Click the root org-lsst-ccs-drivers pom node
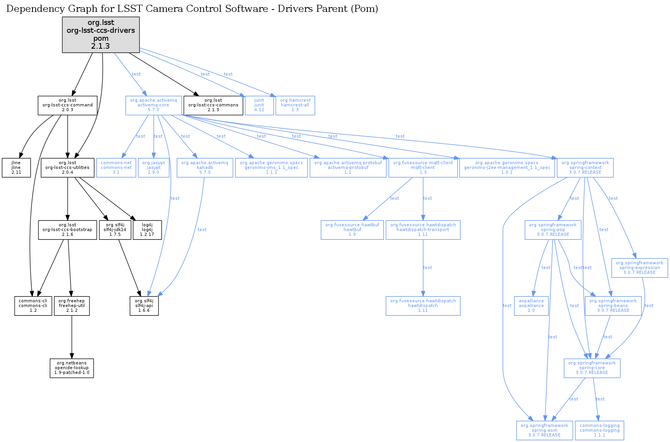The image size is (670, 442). (101, 34)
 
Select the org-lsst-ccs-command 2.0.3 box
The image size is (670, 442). (67, 105)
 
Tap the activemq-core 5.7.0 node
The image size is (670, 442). (153, 105)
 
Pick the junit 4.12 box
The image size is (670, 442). (259, 105)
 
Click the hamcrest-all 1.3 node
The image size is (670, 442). (295, 105)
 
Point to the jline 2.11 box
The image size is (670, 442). (16, 168)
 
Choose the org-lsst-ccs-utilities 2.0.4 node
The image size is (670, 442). (67, 168)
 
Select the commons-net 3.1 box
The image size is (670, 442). (116, 168)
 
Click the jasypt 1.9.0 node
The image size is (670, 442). (154, 168)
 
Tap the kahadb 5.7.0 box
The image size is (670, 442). (204, 168)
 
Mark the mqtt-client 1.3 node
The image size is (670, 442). (423, 168)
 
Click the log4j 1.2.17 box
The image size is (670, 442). (147, 230)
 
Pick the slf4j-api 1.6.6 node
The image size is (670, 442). (144, 306)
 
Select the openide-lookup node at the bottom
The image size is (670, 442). (72, 368)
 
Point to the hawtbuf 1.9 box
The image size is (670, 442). (352, 230)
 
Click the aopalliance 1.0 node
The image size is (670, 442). (531, 306)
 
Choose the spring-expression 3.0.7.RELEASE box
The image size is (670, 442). (639, 268)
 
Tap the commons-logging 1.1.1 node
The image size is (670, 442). (599, 431)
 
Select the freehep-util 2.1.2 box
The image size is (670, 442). (72, 306)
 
